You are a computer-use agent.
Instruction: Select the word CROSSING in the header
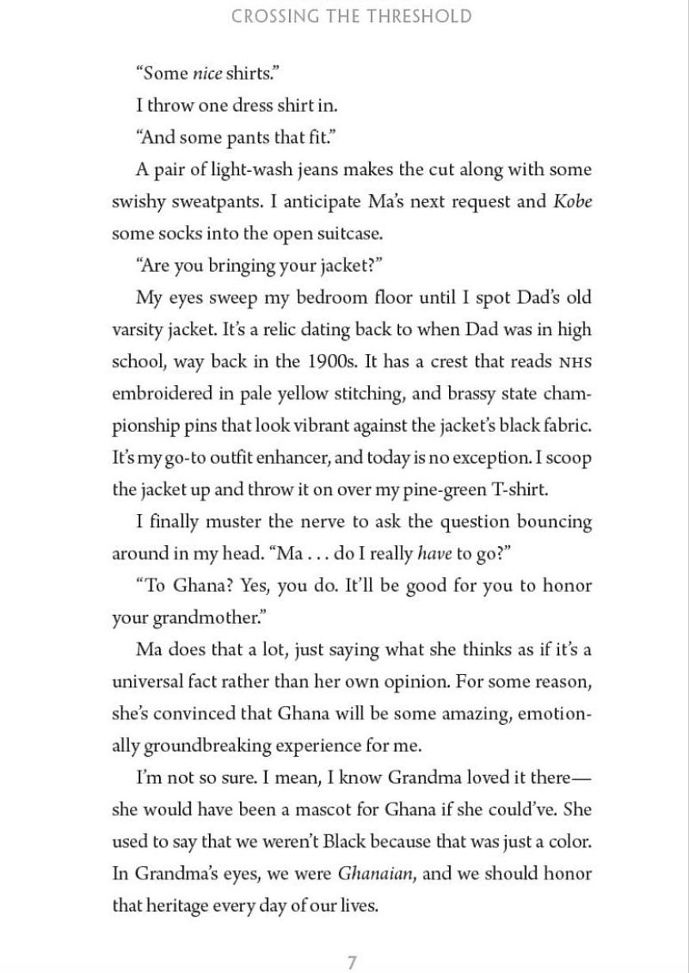[x=272, y=17]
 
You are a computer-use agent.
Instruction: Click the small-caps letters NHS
[x=575, y=362]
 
